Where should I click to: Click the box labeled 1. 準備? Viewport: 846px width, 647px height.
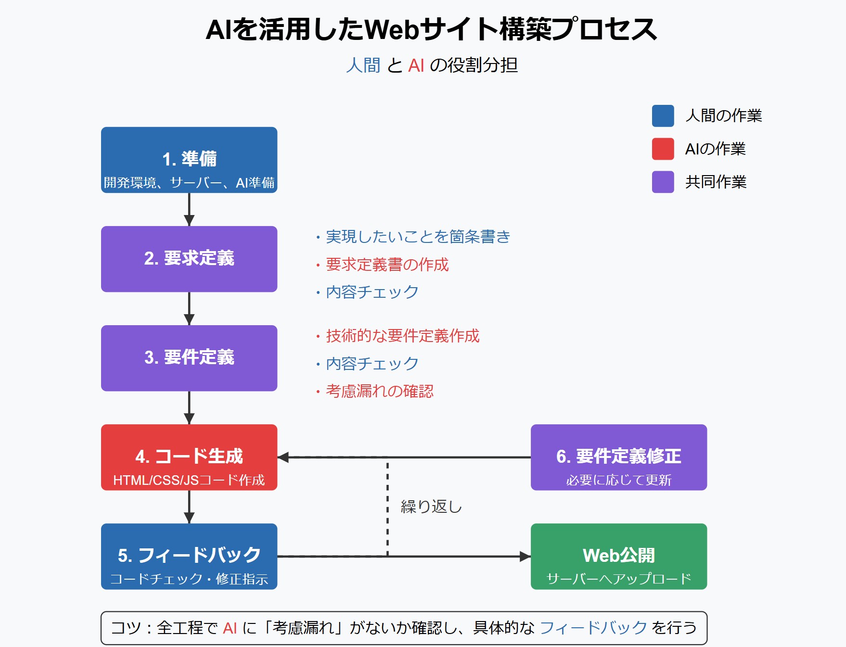tap(189, 160)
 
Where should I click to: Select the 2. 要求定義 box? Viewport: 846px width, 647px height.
tap(189, 259)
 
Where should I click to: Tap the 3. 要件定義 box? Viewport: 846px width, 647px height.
tap(189, 358)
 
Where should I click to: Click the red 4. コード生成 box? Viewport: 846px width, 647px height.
tap(189, 457)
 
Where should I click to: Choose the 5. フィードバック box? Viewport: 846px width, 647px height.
tap(189, 556)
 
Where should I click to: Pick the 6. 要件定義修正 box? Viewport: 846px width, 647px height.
tap(618, 457)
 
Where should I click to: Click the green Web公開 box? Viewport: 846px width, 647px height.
tap(618, 556)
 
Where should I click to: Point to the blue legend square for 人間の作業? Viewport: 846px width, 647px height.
tap(663, 116)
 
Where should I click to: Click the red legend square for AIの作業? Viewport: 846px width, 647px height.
tap(663, 149)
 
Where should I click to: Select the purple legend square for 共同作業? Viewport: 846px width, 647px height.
tap(663, 182)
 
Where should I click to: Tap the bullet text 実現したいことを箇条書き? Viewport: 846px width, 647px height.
tap(418, 237)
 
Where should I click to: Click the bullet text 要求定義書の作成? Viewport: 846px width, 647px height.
tap(387, 265)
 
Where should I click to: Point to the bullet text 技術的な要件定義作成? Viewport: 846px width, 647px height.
tap(402, 336)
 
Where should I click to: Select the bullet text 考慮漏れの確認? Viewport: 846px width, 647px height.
tap(379, 391)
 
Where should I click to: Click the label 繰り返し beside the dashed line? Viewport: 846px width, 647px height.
tap(431, 507)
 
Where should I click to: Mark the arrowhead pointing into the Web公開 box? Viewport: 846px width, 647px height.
tap(526, 557)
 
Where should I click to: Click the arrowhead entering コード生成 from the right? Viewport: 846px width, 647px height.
tap(283, 457)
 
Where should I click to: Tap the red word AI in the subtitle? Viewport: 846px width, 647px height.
tap(416, 65)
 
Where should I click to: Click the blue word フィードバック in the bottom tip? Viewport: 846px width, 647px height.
tap(593, 628)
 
